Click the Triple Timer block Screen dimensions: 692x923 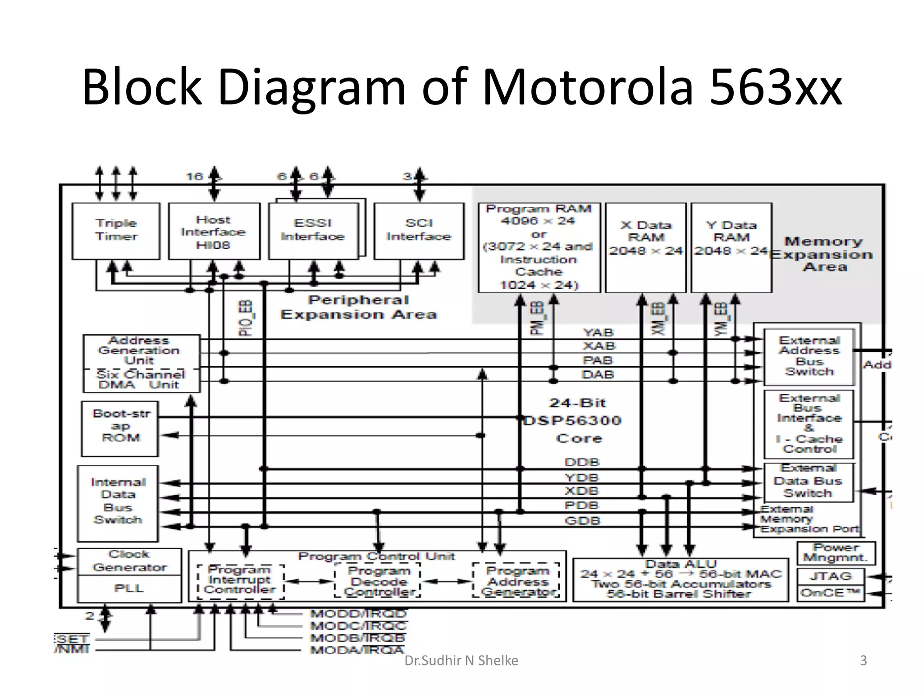[x=116, y=231]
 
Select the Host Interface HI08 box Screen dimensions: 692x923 [x=214, y=232]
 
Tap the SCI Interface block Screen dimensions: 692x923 [x=419, y=231]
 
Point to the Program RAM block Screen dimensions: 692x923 [x=539, y=247]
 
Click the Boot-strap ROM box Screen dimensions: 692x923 [x=120, y=428]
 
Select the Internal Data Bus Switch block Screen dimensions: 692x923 [x=118, y=503]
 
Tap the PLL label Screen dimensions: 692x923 [x=129, y=588]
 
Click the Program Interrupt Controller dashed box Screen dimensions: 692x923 [x=241, y=581]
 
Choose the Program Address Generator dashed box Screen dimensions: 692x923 [x=516, y=581]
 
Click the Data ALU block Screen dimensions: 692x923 [x=681, y=580]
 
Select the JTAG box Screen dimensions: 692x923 [x=830, y=576]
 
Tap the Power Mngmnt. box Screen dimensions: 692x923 [x=836, y=553]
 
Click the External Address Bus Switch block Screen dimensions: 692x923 [x=809, y=356]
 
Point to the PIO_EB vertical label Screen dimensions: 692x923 [x=246, y=318]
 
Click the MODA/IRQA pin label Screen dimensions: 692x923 [x=357, y=650]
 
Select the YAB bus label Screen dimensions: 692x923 [x=598, y=332]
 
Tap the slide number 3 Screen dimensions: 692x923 [x=863, y=660]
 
